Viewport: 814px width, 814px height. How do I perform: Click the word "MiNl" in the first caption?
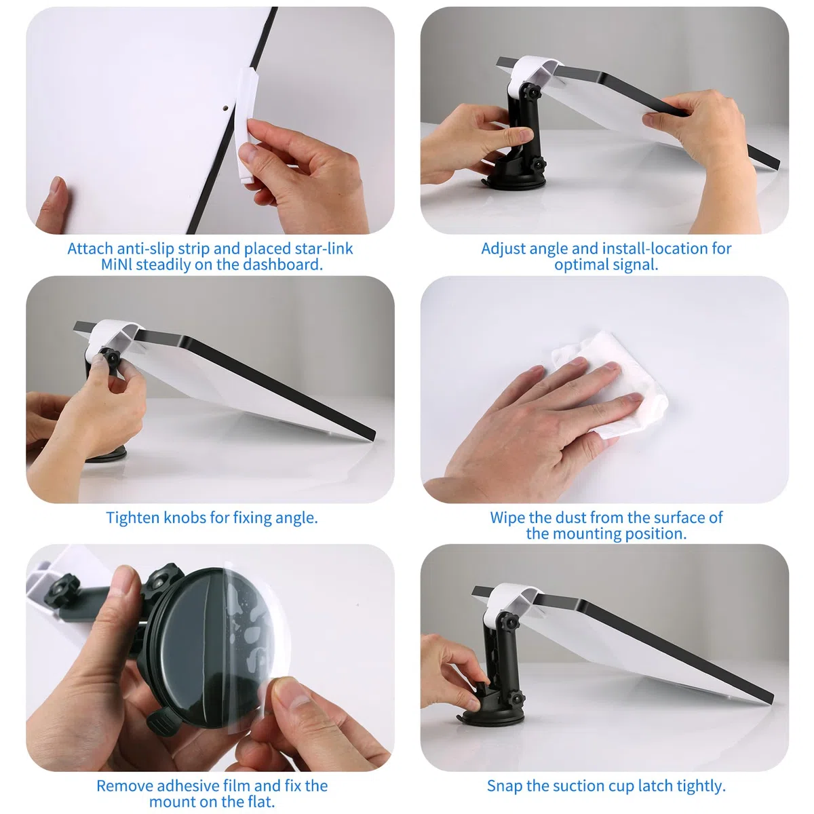pos(116,265)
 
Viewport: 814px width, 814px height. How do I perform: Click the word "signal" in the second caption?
pos(635,265)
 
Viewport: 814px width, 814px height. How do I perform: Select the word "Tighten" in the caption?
pos(132,518)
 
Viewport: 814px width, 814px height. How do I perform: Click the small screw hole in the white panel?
pos(226,109)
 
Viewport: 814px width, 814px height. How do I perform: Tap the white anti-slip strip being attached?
pos(246,125)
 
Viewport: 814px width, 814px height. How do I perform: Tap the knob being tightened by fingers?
pos(111,359)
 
